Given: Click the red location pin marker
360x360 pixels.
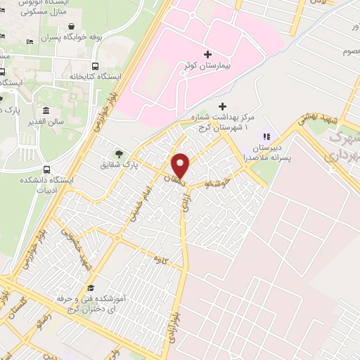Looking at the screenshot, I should click(181, 165).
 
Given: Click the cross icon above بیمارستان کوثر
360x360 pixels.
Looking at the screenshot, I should click(207, 53).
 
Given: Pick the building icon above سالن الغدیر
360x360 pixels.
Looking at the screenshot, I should click(46, 110).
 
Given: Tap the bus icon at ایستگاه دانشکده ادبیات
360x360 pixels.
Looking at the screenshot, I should click(46, 169).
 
